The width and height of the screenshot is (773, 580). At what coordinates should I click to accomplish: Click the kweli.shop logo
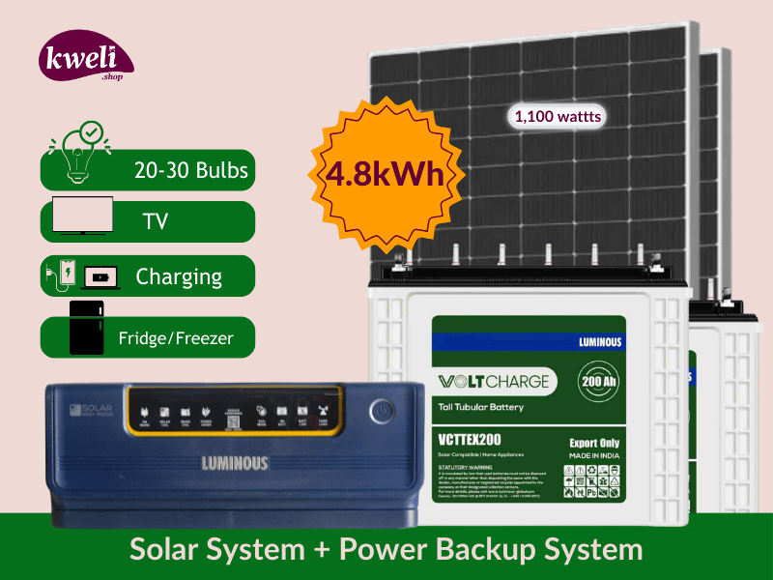(84, 59)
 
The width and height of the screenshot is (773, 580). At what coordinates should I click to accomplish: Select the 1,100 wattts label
(558, 117)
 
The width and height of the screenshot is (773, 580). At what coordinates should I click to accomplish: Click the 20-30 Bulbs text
(191, 171)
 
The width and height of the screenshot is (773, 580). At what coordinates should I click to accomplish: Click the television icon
(82, 217)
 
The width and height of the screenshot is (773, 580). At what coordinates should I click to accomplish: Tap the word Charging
(179, 276)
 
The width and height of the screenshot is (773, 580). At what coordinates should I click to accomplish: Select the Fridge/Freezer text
(175, 339)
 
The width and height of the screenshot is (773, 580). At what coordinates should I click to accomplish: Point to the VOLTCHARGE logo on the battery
(493, 381)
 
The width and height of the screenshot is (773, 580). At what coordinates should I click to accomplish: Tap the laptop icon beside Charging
(100, 277)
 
